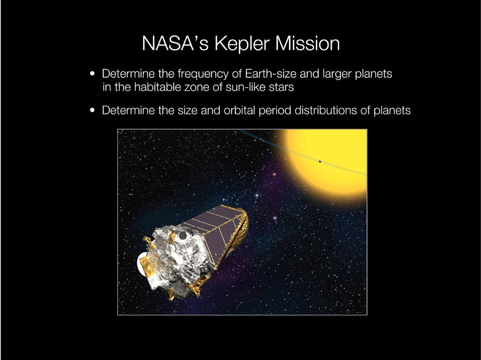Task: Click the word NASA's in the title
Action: click(175, 43)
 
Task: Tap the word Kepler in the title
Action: click(242, 44)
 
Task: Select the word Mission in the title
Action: click(307, 43)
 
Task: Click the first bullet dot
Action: click(92, 74)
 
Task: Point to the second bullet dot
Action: click(92, 110)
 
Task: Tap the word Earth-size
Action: click(271, 74)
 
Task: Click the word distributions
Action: click(326, 110)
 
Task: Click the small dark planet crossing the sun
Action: click(320, 162)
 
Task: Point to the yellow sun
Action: click(330, 163)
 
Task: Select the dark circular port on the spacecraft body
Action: click(183, 235)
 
